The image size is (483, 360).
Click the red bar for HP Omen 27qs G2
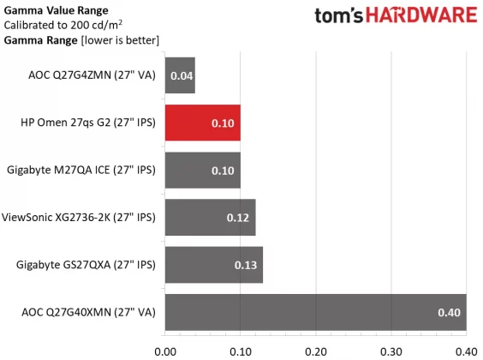(202, 123)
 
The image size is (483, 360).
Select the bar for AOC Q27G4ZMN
(180, 75)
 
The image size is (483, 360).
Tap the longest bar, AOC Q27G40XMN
(315, 312)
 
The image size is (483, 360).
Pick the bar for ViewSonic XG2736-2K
(210, 218)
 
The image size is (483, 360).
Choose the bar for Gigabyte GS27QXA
(213, 265)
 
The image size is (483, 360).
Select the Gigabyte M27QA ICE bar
(202, 171)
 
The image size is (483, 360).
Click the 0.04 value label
(180, 76)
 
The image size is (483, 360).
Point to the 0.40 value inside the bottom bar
(450, 312)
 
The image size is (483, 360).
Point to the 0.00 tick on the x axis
(165, 350)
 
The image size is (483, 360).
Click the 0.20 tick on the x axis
(316, 350)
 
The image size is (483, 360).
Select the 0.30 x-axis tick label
(391, 350)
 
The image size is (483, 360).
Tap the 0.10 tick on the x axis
(241, 350)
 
